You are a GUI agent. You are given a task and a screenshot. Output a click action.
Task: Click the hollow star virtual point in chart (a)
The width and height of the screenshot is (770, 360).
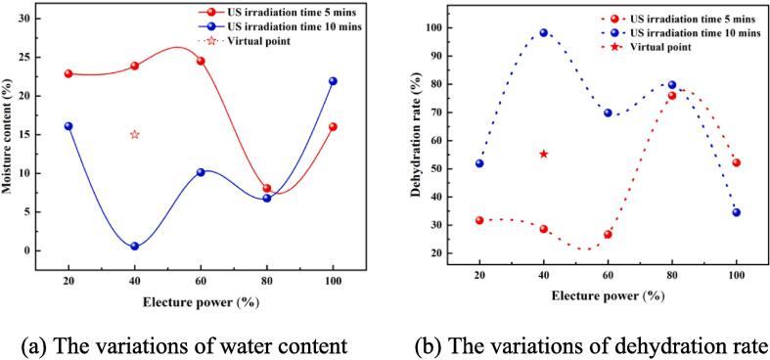click(135, 134)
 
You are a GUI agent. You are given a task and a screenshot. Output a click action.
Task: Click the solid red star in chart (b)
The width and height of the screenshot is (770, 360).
click(544, 154)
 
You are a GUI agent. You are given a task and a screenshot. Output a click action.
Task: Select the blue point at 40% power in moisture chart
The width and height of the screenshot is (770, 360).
click(135, 247)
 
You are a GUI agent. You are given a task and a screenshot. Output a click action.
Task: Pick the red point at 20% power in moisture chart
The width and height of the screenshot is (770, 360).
click(68, 73)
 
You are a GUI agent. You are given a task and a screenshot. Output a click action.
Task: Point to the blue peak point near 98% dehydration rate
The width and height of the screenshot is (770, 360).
click(544, 32)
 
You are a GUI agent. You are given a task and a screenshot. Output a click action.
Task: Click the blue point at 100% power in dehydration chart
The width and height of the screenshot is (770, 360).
click(736, 212)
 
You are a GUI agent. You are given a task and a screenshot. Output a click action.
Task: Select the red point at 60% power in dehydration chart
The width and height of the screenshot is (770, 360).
click(608, 235)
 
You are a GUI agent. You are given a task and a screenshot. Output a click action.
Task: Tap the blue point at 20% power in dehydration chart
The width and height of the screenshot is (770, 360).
click(479, 163)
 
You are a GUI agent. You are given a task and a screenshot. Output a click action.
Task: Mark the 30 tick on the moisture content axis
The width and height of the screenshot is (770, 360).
click(39, 19)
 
